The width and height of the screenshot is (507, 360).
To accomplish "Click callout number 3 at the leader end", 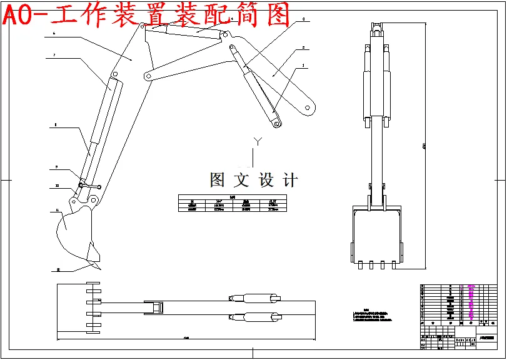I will click(303, 19).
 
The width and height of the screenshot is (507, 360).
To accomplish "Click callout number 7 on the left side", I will click(54, 56).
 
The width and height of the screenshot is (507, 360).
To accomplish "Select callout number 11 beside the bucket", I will click(57, 211).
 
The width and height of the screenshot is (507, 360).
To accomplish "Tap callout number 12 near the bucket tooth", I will click(58, 269).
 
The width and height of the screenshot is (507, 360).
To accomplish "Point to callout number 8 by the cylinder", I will click(55, 125).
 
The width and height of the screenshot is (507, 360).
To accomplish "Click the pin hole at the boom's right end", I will click(308, 107).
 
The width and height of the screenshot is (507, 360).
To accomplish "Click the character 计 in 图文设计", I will click(290, 181).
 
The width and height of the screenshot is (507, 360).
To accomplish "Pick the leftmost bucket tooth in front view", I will click(359, 264).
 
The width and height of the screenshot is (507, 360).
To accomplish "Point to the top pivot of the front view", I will click(376, 26).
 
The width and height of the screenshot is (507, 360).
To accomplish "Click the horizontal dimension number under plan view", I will click(186, 338).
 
